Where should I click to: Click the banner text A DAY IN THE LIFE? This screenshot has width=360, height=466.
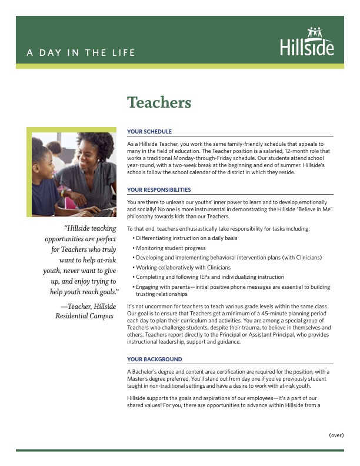click(81, 53)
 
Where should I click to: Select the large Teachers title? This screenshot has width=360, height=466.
click(159, 102)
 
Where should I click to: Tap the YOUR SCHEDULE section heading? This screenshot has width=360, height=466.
click(149, 132)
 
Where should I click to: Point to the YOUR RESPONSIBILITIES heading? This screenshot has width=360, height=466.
click(159, 190)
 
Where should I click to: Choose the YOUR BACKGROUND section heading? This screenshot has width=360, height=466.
click(155, 359)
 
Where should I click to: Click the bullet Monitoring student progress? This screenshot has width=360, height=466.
click(171, 248)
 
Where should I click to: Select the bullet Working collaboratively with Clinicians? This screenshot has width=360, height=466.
click(183, 267)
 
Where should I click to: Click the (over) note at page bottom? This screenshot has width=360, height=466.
click(336, 436)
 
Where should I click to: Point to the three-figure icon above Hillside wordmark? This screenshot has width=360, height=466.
click(314, 32)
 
